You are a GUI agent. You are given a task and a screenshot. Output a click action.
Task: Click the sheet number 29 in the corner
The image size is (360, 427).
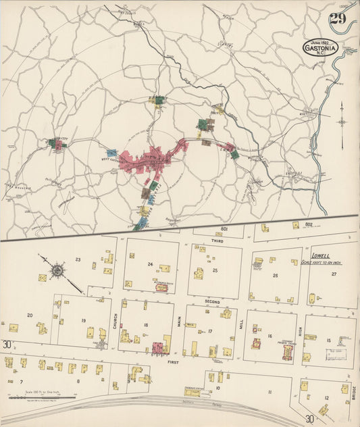click(338, 18)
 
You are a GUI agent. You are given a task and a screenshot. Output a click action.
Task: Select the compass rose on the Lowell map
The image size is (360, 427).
click(57, 271)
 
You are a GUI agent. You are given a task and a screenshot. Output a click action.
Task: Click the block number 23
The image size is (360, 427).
click(78, 259)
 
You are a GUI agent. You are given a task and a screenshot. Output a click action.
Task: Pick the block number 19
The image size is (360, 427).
click(83, 320)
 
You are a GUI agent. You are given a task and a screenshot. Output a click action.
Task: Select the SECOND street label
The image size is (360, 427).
click(212, 301)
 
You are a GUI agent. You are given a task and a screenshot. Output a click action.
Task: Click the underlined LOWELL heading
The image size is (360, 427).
click(322, 256)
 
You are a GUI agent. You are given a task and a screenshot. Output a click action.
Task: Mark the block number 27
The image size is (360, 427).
click(334, 274)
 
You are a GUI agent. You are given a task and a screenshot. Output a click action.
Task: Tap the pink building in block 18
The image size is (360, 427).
click(158, 348)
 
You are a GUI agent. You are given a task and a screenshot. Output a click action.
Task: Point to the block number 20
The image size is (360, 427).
click(30, 315)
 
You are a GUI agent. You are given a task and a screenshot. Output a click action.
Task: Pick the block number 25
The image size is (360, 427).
click(215, 270)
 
